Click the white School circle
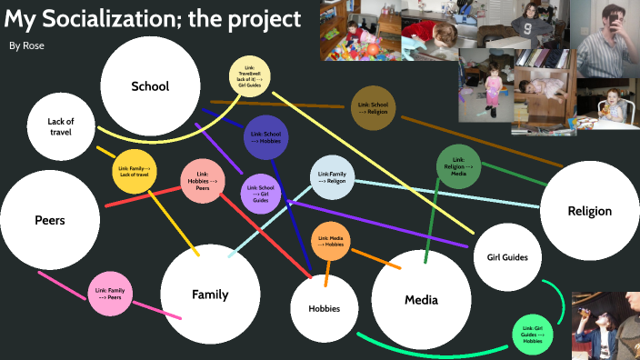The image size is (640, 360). tap(150, 86)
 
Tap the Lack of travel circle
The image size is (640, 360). tap(61, 126)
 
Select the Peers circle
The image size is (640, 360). tap(49, 220)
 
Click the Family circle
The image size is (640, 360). tap(209, 294)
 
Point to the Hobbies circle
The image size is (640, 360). tap(324, 308)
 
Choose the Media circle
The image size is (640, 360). tap(421, 300)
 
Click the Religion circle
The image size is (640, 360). tap(589, 211)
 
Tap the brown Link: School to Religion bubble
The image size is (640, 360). tap(374, 107)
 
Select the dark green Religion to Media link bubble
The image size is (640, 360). tap(459, 166)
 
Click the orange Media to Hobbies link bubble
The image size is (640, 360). tap(331, 241)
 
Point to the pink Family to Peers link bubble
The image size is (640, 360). tap(110, 294)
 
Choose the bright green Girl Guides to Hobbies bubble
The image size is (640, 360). tap(534, 332)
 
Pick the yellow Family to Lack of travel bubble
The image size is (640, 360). tap(135, 172)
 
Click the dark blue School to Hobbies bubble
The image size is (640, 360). tap(265, 137)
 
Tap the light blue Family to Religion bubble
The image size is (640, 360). tap(332, 177)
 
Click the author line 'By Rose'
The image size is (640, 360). tap(26, 45)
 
